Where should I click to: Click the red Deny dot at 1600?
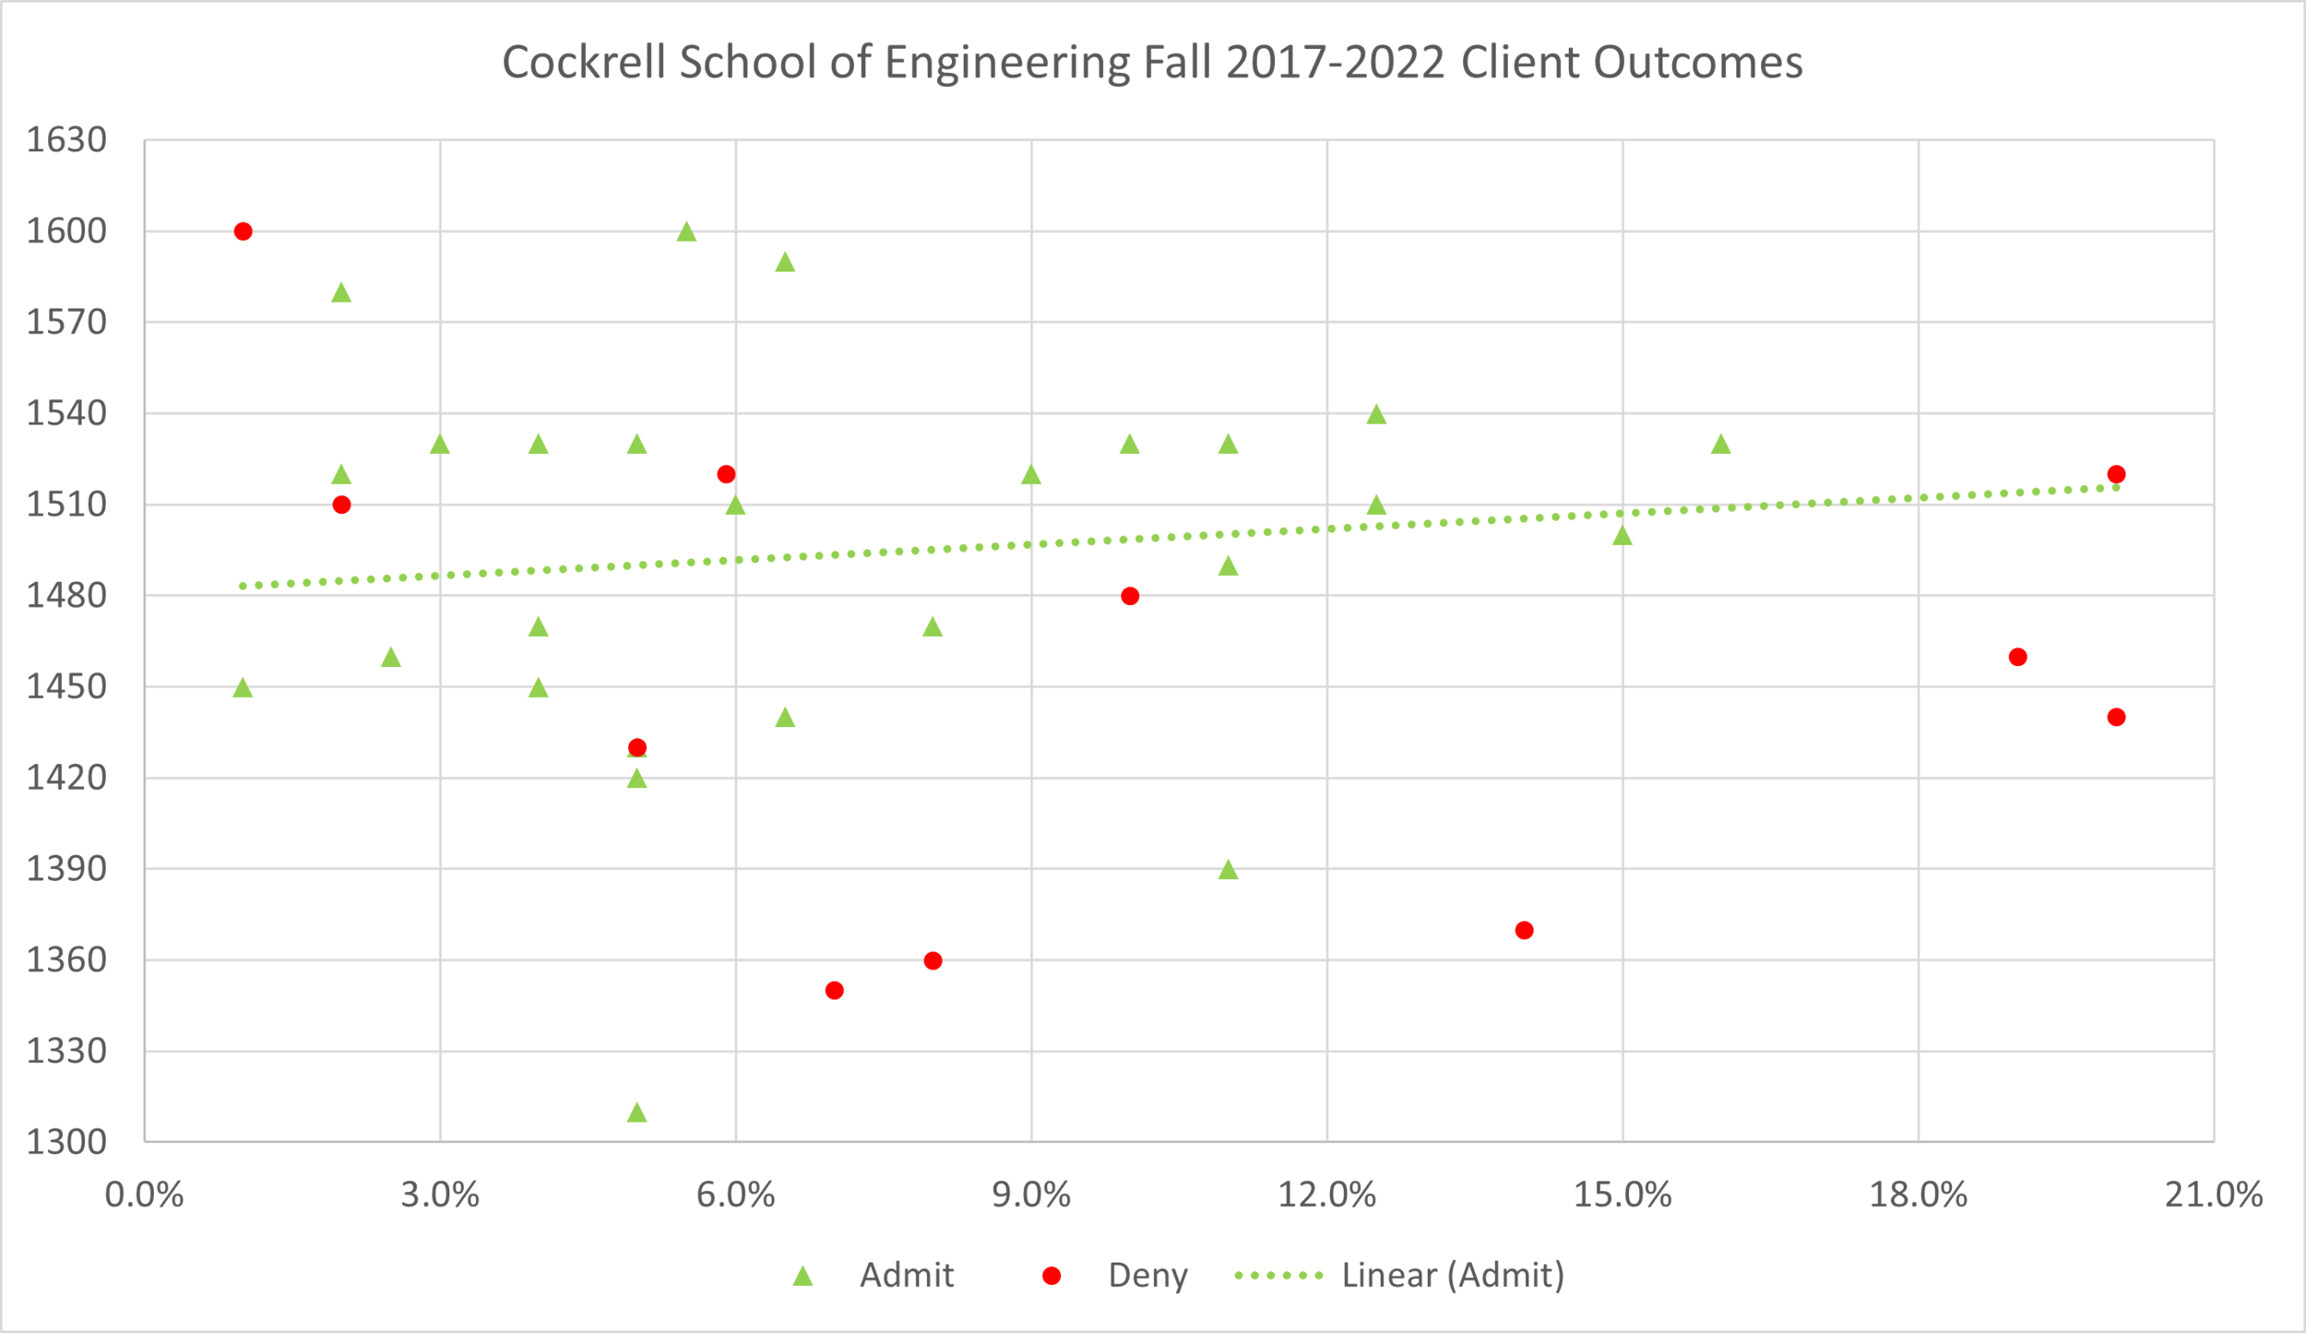pyautogui.click(x=244, y=232)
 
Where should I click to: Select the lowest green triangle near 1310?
pyautogui.click(x=636, y=1113)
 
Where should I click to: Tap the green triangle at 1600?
pyautogui.click(x=686, y=232)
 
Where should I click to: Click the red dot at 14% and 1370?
pyautogui.click(x=1525, y=930)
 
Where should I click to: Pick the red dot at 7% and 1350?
pyautogui.click(x=835, y=991)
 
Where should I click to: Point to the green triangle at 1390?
pyautogui.click(x=1228, y=870)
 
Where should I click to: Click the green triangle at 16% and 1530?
pyautogui.click(x=1721, y=445)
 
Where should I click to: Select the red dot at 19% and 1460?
pyautogui.click(x=2017, y=657)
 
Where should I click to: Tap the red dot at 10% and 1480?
pyautogui.click(x=1130, y=596)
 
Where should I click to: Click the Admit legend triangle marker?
pyautogui.click(x=803, y=1276)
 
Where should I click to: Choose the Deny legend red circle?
pyautogui.click(x=1052, y=1276)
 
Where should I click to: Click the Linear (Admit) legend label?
pyautogui.click(x=1453, y=1275)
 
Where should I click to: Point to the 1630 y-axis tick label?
pyautogui.click(x=66, y=140)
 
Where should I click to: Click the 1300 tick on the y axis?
pyautogui.click(x=66, y=1142)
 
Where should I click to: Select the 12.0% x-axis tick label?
pyautogui.click(x=1326, y=1196)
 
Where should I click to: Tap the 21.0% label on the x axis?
pyautogui.click(x=2214, y=1196)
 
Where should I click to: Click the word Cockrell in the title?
pyautogui.click(x=583, y=63)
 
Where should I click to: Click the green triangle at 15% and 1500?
pyautogui.click(x=1623, y=536)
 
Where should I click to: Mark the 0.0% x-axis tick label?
pyautogui.click(x=145, y=1196)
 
